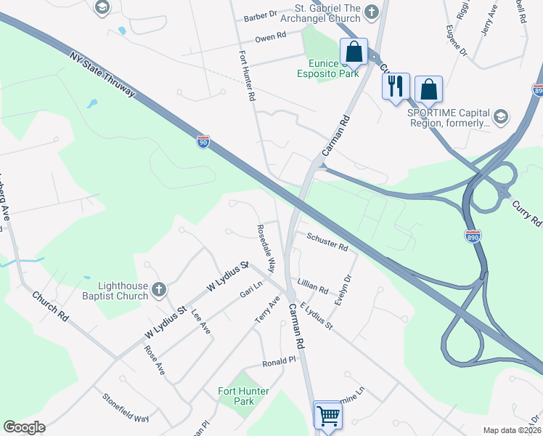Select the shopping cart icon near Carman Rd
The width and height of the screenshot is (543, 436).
328,415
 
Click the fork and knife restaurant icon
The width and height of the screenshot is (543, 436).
396,86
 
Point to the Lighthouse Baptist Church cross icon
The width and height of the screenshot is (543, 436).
159,291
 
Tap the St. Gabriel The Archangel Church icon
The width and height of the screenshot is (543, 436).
372,11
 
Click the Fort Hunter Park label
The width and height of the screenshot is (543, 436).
243,396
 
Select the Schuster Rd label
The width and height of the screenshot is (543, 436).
327,241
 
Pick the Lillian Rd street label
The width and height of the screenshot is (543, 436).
313,285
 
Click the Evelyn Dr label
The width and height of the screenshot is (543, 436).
343,288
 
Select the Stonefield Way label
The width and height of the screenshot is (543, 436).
126,408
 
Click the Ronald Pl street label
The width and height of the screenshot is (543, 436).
279,360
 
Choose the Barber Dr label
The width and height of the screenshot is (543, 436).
261,14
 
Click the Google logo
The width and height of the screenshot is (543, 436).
24,427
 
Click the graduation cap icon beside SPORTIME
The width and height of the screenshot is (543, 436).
500,116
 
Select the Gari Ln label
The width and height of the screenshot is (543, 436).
250,294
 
